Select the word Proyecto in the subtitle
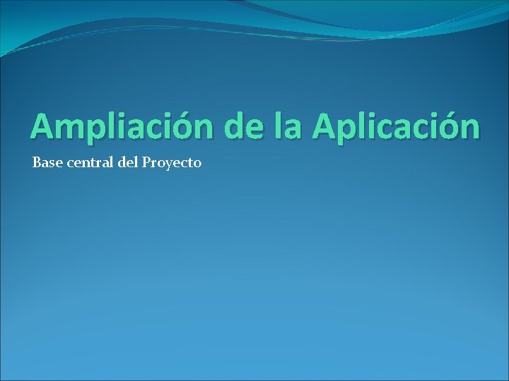pos(172,164)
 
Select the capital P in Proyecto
pos(146,163)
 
